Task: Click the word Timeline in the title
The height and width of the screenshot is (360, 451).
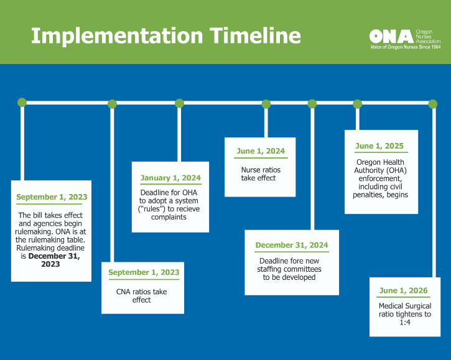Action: tap(255, 35)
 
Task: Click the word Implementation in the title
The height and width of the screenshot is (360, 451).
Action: tap(117, 37)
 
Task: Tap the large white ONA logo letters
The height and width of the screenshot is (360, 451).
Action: tap(391, 37)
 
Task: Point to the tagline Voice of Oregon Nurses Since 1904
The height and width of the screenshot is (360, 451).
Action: tap(405, 47)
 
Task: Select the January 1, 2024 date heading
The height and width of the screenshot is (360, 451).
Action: tap(170, 178)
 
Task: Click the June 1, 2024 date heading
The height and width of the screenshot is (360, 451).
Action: tap(261, 151)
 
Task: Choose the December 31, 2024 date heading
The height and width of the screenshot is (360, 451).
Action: tap(292, 245)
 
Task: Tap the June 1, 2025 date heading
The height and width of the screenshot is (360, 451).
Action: tap(379, 146)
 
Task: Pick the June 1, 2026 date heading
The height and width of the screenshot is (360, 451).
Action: tap(403, 290)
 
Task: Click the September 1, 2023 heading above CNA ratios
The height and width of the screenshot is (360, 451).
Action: tap(144, 272)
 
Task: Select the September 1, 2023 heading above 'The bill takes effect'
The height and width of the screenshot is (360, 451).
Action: tap(52, 197)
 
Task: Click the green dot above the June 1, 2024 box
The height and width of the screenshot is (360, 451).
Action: tap(266, 104)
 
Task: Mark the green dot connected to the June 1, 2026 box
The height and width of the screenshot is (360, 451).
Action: tap(432, 104)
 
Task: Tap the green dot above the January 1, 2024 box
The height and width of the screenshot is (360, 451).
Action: tap(179, 103)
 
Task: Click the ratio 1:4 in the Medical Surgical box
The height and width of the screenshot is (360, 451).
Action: tap(405, 322)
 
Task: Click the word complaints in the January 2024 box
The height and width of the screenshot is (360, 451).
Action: tap(169, 217)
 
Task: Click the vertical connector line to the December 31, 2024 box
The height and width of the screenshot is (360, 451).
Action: tap(312, 169)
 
